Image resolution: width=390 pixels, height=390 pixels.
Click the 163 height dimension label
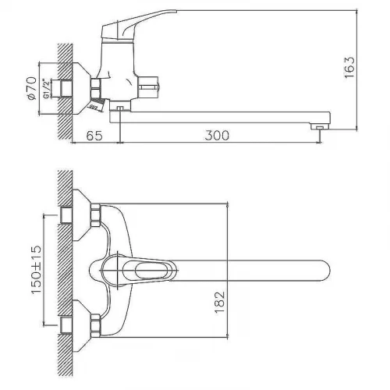pyautogui.click(x=349, y=67)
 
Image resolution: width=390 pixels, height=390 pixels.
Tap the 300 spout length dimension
pyautogui.click(x=217, y=136)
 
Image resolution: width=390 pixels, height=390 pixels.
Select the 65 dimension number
pyautogui.click(x=94, y=136)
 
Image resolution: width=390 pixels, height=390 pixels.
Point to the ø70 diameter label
pyautogui.click(x=32, y=88)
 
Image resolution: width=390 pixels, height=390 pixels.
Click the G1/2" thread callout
pyautogui.click(x=46, y=88)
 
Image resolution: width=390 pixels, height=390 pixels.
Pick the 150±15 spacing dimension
pyautogui.click(x=36, y=269)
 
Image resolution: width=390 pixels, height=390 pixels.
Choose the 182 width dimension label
pyautogui.click(x=220, y=302)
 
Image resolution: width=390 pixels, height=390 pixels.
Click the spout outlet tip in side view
pyautogui.click(x=320, y=126)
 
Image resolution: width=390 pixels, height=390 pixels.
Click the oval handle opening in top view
pyautogui.click(x=151, y=271)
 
